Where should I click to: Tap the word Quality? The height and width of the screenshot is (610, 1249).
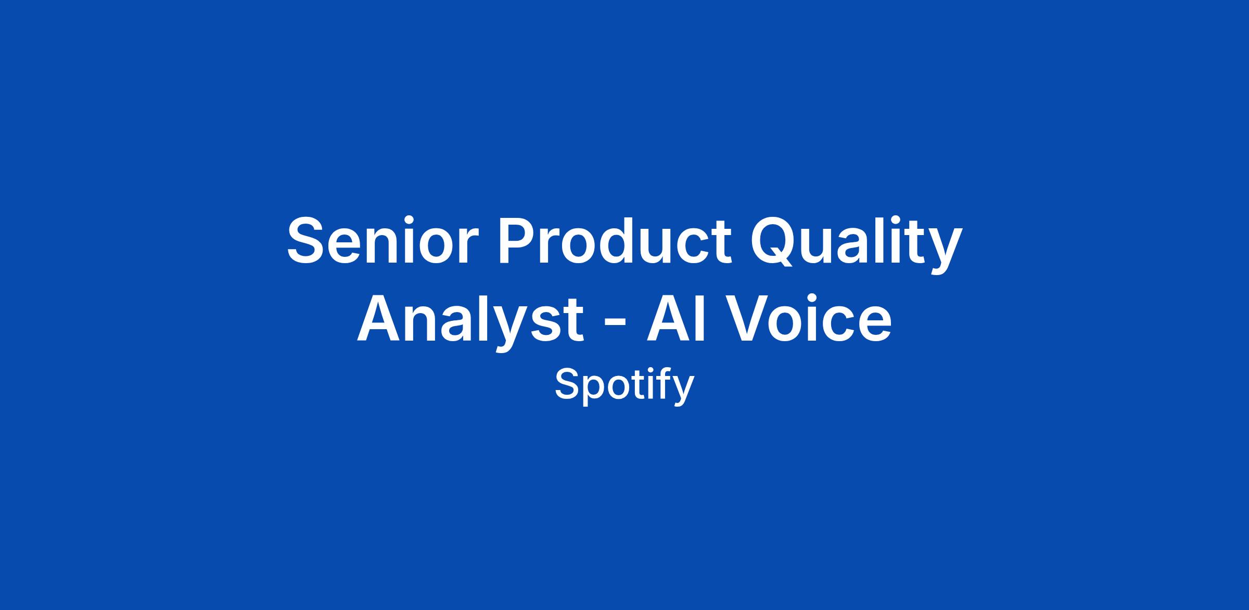coord(856,244)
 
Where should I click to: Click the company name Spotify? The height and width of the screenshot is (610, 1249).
coord(624,386)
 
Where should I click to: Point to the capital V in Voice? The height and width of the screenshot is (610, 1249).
coord(748,318)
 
